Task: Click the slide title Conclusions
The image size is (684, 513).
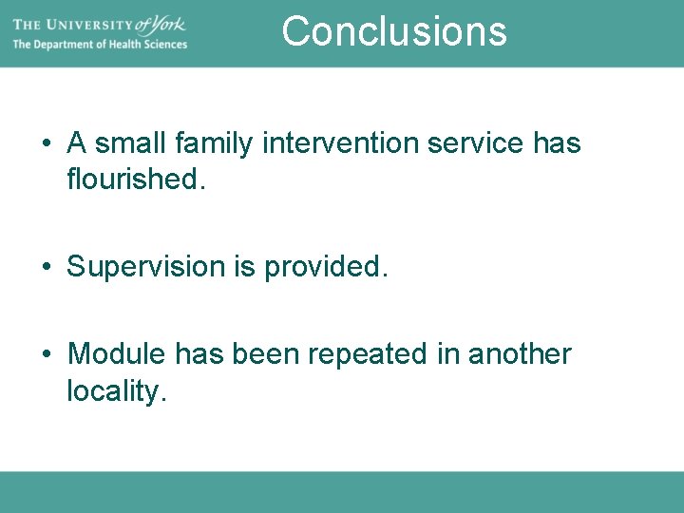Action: pyautogui.click(x=394, y=30)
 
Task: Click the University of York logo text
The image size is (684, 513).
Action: pyautogui.click(x=99, y=23)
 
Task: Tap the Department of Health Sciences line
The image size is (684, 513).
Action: pyautogui.click(x=99, y=45)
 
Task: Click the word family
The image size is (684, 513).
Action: pyautogui.click(x=215, y=144)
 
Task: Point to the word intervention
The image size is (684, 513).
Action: pyautogui.click(x=341, y=143)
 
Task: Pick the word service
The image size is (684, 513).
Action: pyautogui.click(x=476, y=143)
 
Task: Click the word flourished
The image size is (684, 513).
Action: pyautogui.click(x=136, y=179)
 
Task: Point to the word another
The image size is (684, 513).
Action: pyautogui.click(x=520, y=354)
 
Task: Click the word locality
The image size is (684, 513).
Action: pyautogui.click(x=117, y=390)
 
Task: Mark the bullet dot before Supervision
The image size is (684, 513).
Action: pyautogui.click(x=47, y=268)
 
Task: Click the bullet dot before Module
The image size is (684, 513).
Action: pyautogui.click(x=47, y=355)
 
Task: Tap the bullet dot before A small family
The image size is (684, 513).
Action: pyautogui.click(x=47, y=144)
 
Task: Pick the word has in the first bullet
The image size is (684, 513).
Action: pyautogui.click(x=556, y=143)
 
